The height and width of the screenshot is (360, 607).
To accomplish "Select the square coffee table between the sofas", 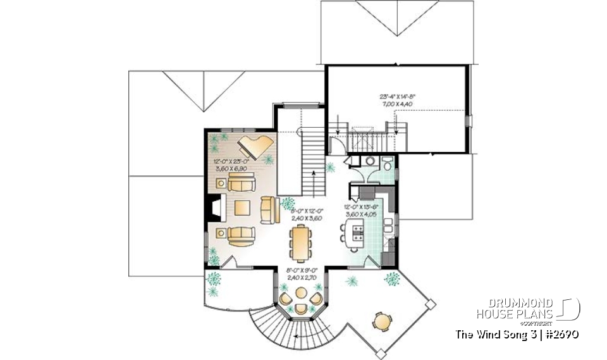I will [x=242, y=208].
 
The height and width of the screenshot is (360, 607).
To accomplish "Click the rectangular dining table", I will [x=299, y=243].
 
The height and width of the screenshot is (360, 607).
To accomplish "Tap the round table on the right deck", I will [x=382, y=322].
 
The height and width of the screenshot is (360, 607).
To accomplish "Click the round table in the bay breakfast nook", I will [x=302, y=296].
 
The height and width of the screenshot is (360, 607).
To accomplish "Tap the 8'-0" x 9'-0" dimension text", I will [x=300, y=273].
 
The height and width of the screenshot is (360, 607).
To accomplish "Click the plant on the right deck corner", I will [x=392, y=278].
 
